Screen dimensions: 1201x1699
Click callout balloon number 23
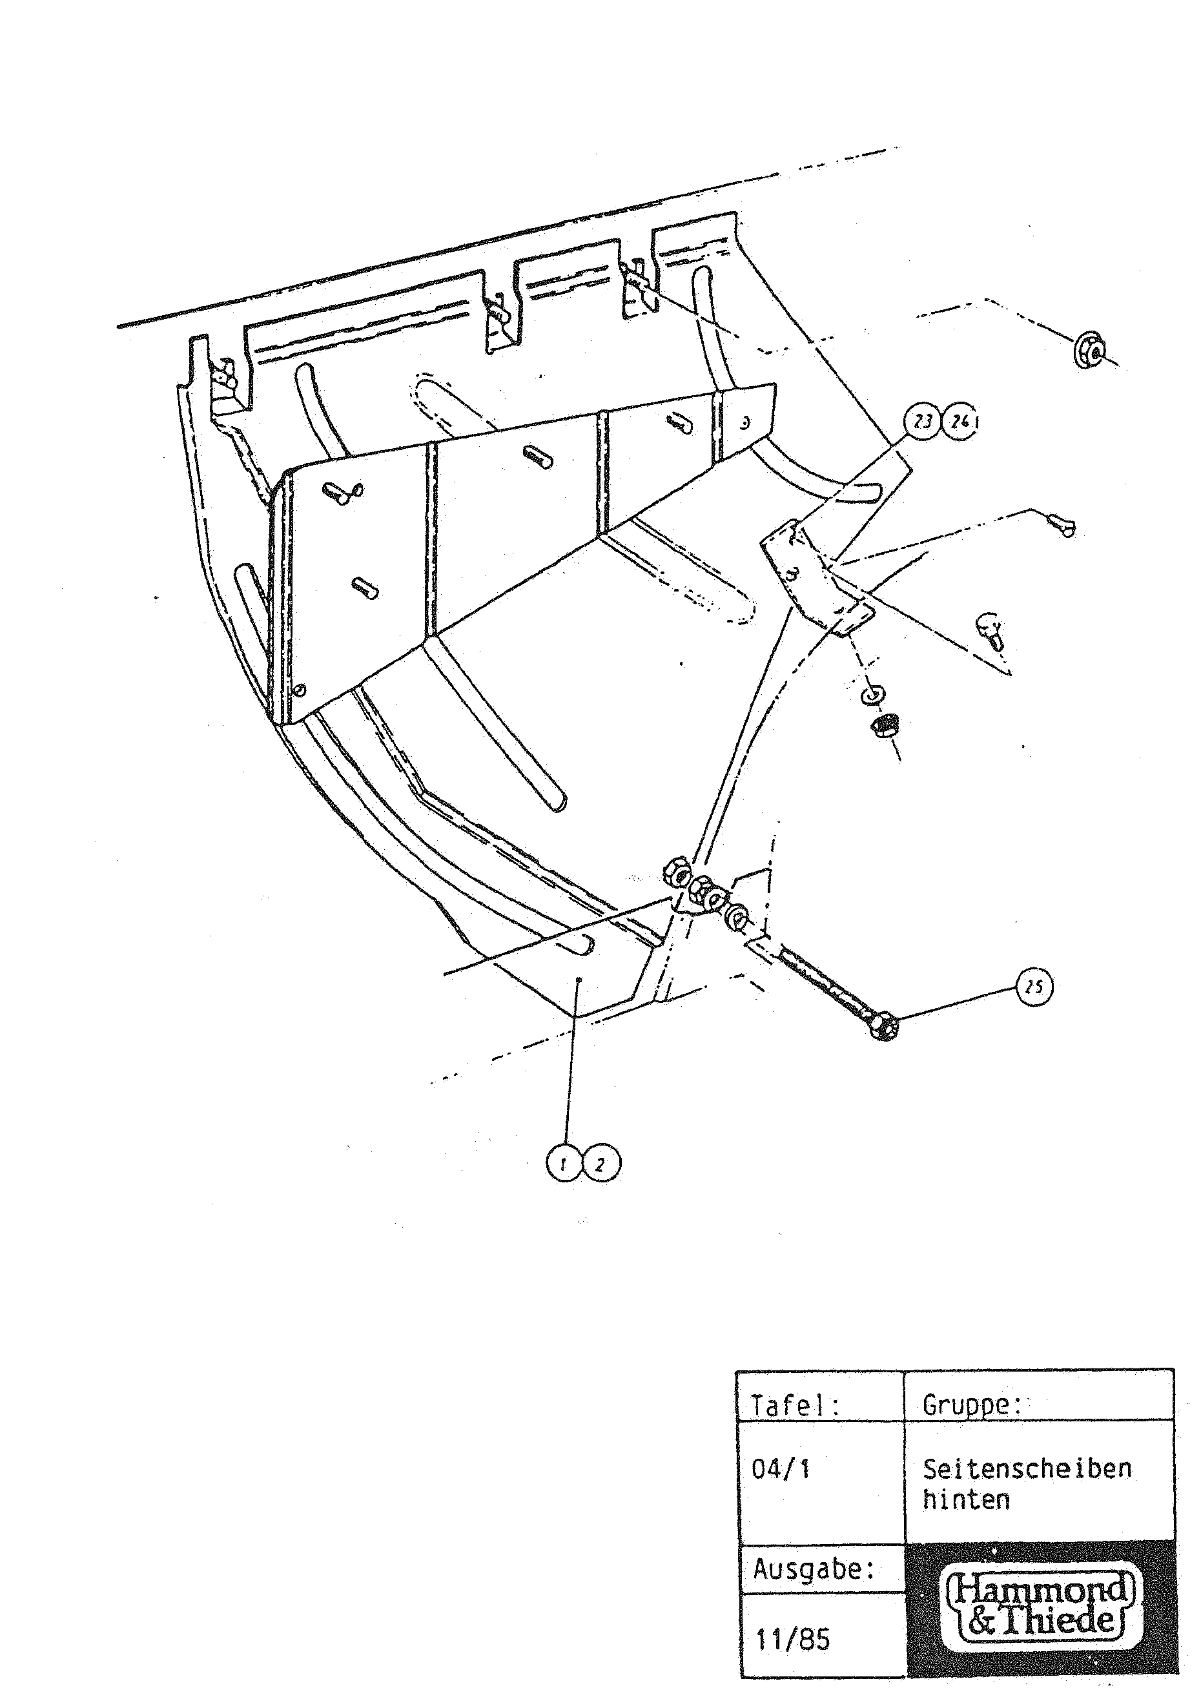[x=922, y=422]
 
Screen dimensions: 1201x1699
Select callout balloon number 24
[x=959, y=423]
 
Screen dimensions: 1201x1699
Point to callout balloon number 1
[x=564, y=1165]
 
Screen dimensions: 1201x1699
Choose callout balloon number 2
[x=601, y=1165]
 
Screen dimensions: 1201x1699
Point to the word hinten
[x=966, y=1500]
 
